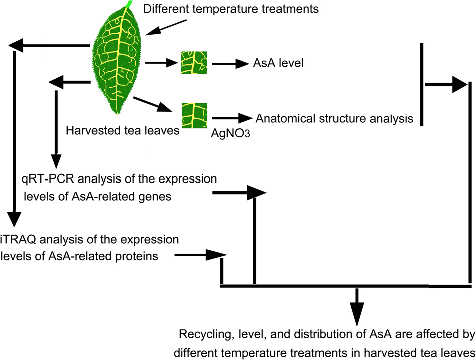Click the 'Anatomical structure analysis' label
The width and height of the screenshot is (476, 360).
pyautogui.click(x=334, y=119)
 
